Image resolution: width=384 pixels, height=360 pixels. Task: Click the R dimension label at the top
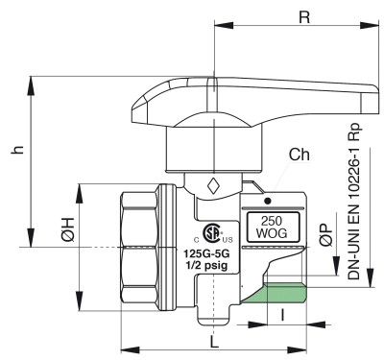coord(304,17)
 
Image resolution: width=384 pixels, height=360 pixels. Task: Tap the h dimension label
coord(18,150)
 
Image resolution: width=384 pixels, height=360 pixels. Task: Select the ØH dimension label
coord(68,229)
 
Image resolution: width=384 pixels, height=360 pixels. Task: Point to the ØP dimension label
coord(325,235)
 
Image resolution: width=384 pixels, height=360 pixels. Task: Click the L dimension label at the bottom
coord(214,342)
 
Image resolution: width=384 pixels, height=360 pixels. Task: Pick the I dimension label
coord(282,315)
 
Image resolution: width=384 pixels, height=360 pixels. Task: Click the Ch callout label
coord(300,155)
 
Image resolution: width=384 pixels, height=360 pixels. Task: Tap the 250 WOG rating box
coord(273,228)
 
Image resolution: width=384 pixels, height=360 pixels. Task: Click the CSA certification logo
coord(213,232)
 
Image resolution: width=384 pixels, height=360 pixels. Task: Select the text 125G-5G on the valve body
coord(206,254)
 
